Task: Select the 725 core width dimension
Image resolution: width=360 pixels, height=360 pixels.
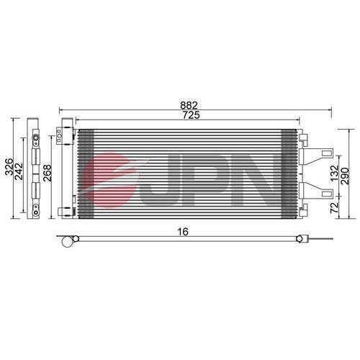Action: (x=191, y=115)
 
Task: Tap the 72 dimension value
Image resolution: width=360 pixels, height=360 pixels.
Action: (x=333, y=207)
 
